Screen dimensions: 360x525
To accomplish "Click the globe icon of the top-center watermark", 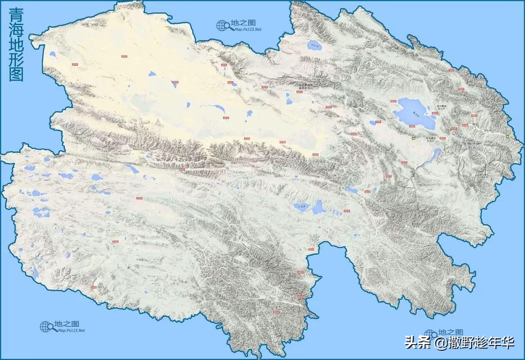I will click(223, 25).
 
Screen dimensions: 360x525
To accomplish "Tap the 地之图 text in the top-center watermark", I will click(243, 23).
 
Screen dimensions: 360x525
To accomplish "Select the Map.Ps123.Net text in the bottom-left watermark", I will click(71, 330).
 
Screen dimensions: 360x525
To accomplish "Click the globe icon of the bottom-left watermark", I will click(46, 327).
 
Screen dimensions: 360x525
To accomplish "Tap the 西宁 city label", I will click(475, 125).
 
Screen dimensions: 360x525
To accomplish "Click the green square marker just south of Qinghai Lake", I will click(414, 138).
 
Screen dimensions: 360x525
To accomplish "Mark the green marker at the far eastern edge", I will click(507, 137).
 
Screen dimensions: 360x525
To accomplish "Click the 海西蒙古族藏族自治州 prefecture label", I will click(306, 87).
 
